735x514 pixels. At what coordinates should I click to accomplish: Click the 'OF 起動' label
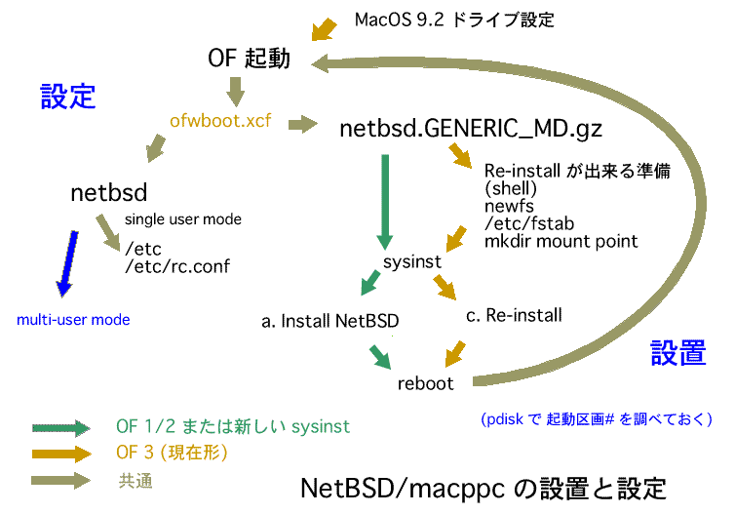(x=249, y=59)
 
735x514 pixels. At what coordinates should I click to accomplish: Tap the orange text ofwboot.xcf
(x=221, y=124)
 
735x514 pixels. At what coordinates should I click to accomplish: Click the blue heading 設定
(x=67, y=96)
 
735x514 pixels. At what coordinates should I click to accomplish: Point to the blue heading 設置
(x=678, y=353)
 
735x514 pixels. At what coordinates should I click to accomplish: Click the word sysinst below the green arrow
(x=410, y=263)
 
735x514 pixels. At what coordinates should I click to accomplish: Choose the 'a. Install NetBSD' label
(x=330, y=319)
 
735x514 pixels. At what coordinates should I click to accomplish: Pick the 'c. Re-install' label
(x=515, y=314)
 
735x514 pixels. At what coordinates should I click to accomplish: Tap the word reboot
(x=426, y=383)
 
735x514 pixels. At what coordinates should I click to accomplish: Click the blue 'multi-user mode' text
(x=73, y=319)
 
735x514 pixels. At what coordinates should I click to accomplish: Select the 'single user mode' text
(x=183, y=219)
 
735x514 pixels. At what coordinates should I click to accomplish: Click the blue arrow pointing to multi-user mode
(x=67, y=260)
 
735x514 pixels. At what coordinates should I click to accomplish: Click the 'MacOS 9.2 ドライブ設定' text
(x=455, y=20)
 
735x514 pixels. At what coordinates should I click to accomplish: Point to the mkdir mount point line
(x=561, y=241)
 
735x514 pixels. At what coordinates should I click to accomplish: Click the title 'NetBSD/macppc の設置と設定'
(x=484, y=487)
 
